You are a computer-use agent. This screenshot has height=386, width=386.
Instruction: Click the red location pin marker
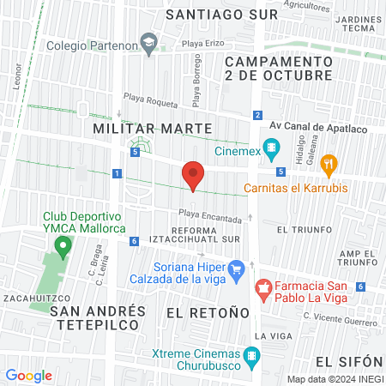[193, 176]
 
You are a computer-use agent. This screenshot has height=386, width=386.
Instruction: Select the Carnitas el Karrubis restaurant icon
[327, 164]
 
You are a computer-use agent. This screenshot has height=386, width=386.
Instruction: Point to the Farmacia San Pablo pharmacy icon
[264, 286]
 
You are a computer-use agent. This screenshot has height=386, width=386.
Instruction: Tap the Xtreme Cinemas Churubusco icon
[251, 354]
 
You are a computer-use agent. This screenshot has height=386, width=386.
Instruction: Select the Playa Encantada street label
[210, 219]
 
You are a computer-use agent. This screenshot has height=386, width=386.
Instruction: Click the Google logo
[28, 375]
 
